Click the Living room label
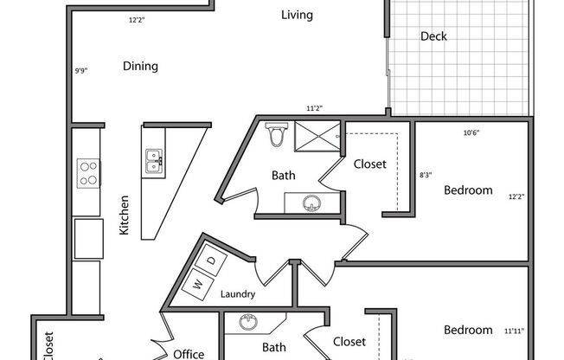click(297, 15)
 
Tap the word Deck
click(433, 36)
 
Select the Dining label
click(139, 66)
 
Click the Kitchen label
click(125, 215)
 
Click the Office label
click(188, 354)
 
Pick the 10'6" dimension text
click(471, 132)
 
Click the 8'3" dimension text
click(426, 175)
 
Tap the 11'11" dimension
click(513, 331)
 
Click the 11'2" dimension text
click(314, 109)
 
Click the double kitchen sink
click(154, 158)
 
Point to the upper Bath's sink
click(311, 202)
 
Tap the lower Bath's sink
click(248, 323)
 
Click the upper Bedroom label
click(468, 190)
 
